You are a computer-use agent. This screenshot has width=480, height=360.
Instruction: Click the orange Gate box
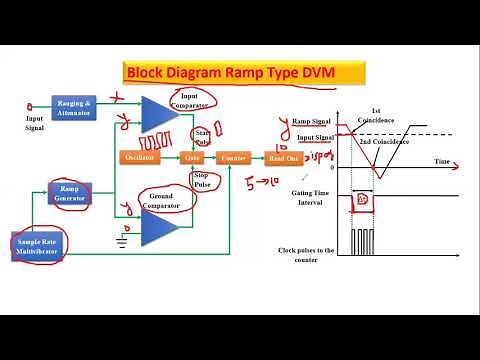194,157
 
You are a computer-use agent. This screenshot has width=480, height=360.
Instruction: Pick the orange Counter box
234,157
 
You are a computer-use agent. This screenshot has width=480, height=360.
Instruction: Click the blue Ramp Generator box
69,193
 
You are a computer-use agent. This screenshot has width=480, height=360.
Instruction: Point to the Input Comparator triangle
157,113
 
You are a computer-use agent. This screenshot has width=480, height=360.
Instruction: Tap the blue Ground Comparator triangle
157,228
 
